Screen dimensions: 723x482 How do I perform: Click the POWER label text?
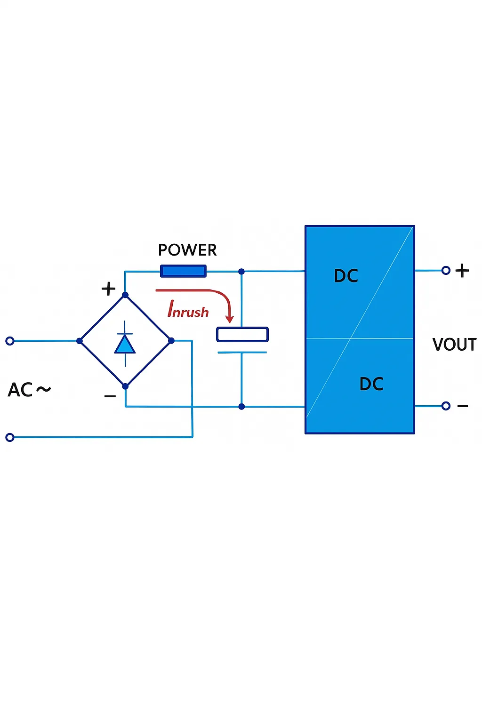tap(187, 250)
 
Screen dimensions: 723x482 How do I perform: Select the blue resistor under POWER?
tap(183, 271)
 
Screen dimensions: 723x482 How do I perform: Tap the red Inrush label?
tap(188, 310)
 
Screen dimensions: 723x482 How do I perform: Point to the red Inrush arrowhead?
tap(230, 320)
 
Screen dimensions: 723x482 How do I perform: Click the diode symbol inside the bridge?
tap(125, 344)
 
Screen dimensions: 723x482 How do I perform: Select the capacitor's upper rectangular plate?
tap(242, 335)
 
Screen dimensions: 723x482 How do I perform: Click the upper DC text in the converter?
tap(346, 276)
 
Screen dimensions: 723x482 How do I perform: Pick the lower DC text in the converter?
tap(371, 384)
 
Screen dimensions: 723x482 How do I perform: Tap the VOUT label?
tap(454, 345)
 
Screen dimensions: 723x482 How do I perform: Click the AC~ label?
tap(29, 390)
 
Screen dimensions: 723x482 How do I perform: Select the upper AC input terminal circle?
tap(10, 341)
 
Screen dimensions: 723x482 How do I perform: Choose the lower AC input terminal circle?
tap(10, 437)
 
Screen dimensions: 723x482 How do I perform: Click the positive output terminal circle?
tap(446, 270)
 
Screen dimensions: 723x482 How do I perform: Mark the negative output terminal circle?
tap(446, 406)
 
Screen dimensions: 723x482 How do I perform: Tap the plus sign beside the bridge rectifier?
tap(109, 289)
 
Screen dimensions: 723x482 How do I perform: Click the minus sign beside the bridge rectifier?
tap(110, 397)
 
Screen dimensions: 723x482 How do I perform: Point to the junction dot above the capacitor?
tap(241, 272)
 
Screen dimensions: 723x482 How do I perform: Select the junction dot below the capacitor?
tap(241, 407)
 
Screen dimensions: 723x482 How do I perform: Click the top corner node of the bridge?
tap(125, 295)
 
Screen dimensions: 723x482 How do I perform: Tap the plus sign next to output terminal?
tap(462, 270)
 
